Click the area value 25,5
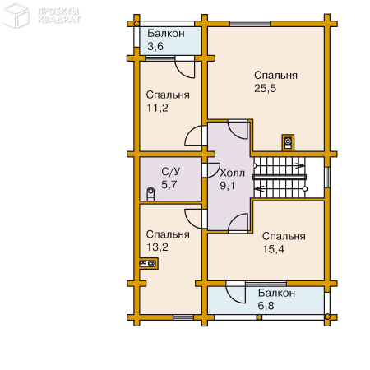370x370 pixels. coord(265,88)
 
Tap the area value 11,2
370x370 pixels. coord(157,108)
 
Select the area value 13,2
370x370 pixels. coord(157,247)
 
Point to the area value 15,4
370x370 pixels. coord(274,249)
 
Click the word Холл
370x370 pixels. coord(233,173)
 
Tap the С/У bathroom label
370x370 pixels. coord(171,172)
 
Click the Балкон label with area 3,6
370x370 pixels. coord(166,34)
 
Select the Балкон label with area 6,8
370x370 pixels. coord(276,293)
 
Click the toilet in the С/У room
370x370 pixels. coord(150,194)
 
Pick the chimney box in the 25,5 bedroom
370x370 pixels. coord(288,142)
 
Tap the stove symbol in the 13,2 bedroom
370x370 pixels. coord(148,263)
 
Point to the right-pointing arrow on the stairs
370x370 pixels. coord(300,165)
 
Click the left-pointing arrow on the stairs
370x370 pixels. coord(259,188)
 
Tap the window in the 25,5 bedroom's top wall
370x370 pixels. coord(250,24)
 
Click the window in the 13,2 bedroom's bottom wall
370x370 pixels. coord(183,317)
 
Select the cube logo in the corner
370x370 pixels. coord(16,16)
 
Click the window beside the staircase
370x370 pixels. coord(327,177)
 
